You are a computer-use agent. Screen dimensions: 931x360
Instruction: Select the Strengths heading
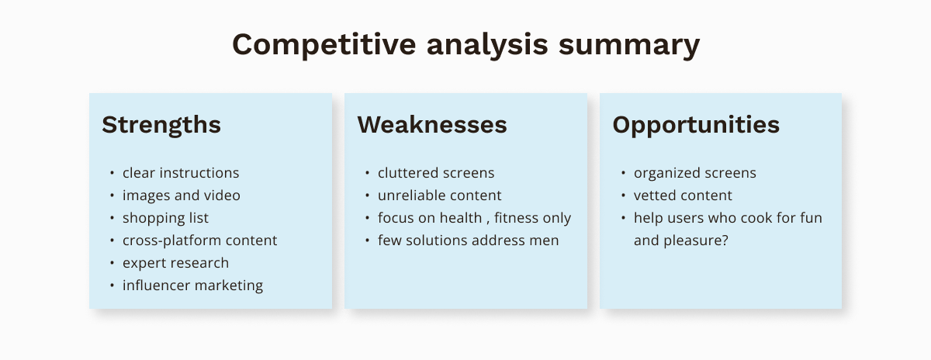tap(161, 126)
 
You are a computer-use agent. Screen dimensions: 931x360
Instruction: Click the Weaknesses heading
tap(432, 125)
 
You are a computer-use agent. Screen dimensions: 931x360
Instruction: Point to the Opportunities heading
tap(696, 126)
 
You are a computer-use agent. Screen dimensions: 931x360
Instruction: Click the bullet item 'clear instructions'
tap(181, 173)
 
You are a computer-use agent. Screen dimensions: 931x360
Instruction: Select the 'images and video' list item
tap(182, 196)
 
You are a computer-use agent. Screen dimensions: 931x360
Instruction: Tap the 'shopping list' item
tap(165, 218)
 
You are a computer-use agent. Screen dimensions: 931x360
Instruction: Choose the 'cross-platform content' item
tap(199, 241)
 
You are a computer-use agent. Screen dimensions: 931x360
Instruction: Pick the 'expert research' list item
tap(175, 263)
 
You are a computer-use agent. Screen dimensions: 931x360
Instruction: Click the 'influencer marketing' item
tap(192, 286)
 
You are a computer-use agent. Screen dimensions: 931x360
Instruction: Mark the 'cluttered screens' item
tap(436, 173)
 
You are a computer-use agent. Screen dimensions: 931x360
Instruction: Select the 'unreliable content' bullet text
tap(439, 196)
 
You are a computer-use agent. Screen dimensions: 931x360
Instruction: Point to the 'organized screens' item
tap(695, 173)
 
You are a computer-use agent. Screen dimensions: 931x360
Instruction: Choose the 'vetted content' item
tap(683, 196)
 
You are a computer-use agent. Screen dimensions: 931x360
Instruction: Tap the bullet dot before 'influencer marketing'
tap(112, 286)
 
